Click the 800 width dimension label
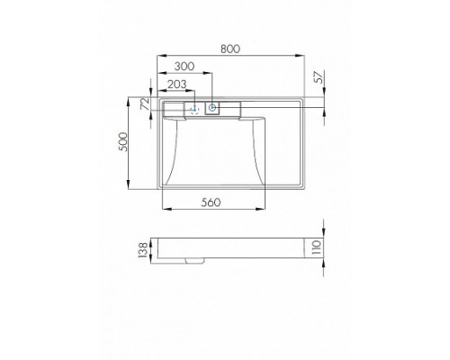point(230,49)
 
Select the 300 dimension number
point(184,67)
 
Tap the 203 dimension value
point(177,85)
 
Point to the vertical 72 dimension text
point(146,103)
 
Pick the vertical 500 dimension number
point(123,142)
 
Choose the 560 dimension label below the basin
point(211,202)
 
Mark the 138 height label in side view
point(143,250)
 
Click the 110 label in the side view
point(317,247)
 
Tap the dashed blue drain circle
point(194,110)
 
